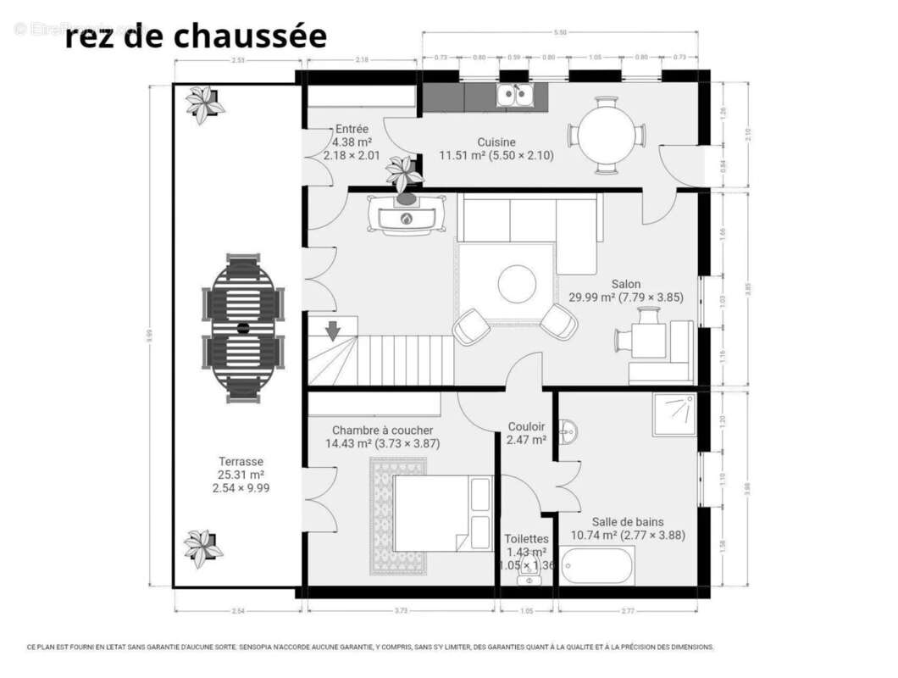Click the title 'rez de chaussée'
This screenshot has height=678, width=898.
pyautogui.click(x=196, y=36)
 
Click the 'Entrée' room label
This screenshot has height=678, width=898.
pyautogui.click(x=352, y=129)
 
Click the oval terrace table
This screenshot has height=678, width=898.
pyautogui.click(x=243, y=327)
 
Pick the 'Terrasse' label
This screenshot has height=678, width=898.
pyautogui.click(x=241, y=462)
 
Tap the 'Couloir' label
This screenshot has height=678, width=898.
pyautogui.click(x=526, y=426)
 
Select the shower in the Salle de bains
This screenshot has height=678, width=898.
pyautogui.click(x=674, y=414)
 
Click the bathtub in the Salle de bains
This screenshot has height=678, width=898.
pyautogui.click(x=597, y=565)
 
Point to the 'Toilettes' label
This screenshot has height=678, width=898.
pyautogui.click(x=526, y=539)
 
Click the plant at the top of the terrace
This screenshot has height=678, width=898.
pyautogui.click(x=204, y=103)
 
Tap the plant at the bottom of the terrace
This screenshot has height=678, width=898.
pyautogui.click(x=203, y=547)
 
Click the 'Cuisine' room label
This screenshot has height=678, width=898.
pyautogui.click(x=496, y=142)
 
